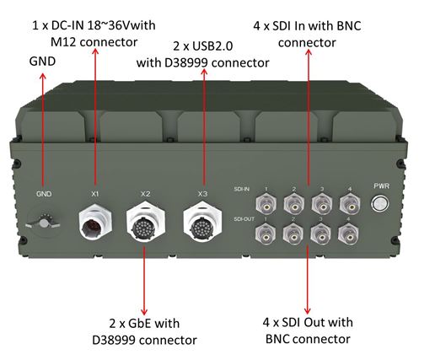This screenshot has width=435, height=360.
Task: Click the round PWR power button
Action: [x=380, y=203]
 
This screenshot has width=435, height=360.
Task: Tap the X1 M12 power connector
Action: [x=95, y=221]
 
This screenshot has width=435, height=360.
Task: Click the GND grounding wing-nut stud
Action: [x=44, y=223]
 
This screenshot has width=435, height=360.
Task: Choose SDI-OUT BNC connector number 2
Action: [x=293, y=235]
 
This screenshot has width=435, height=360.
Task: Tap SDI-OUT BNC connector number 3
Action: [x=320, y=235]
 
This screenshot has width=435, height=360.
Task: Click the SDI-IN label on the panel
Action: [x=242, y=189]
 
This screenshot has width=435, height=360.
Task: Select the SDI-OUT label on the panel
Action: [x=244, y=219]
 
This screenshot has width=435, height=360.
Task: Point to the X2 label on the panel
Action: [x=145, y=194]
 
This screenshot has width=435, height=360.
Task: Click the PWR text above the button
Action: [x=382, y=185]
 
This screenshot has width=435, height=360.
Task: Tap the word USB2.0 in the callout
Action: [x=212, y=46]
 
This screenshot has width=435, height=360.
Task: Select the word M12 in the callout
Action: [x=64, y=42]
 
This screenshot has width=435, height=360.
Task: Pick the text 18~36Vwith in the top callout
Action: [x=121, y=25]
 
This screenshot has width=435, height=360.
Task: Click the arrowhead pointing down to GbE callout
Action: [x=144, y=311]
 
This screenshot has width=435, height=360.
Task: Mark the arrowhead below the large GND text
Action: [x=43, y=77]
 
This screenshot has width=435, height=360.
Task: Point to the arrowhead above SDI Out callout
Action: [x=308, y=310]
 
